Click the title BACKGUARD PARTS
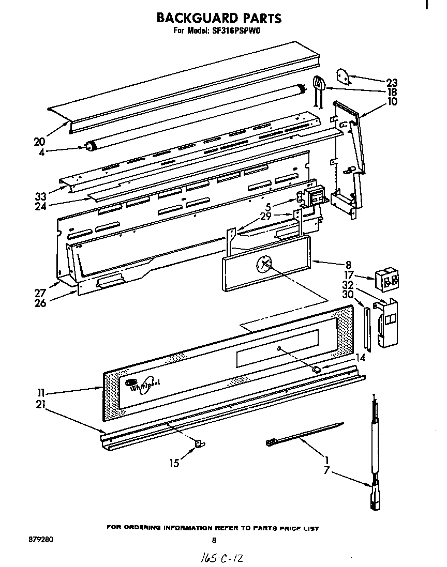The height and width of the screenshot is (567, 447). pos(219,18)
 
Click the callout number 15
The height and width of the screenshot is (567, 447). pos(175,464)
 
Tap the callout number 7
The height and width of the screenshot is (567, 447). pos(326,471)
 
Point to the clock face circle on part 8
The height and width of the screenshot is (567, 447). pos(264,265)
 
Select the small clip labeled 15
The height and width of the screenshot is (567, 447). pos(199,443)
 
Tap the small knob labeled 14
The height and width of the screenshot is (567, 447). pos(317,369)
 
